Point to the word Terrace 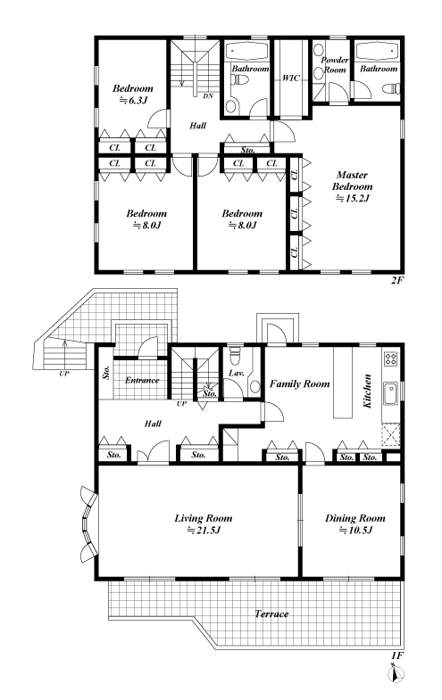point(271,614)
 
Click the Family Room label point(299,383)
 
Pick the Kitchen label point(367,391)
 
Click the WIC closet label point(291,78)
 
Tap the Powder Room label point(335,65)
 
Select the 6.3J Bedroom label point(133,95)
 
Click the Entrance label point(142,381)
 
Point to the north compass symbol point(396,672)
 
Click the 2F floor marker point(397,281)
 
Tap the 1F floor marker point(397,655)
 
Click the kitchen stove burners point(390,358)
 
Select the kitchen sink point(390,394)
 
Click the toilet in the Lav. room point(235,356)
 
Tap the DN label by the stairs point(208,96)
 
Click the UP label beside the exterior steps point(64,374)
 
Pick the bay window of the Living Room point(88,525)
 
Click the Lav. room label point(236,373)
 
